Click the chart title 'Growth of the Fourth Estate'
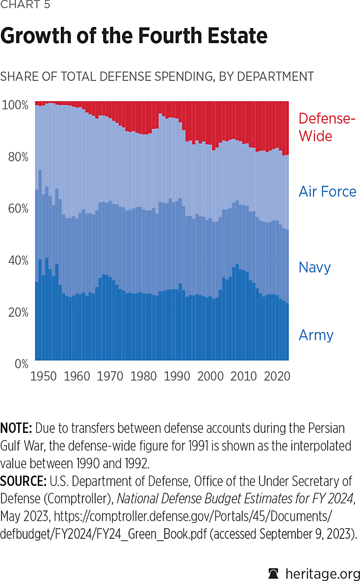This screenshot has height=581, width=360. [x=134, y=36]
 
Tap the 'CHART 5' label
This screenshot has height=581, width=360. [x=26, y=5]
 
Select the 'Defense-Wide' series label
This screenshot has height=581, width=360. [x=327, y=127]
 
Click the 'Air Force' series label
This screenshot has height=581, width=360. [x=327, y=192]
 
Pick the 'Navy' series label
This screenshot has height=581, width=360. [x=314, y=267]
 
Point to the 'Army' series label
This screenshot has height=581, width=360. [x=316, y=335]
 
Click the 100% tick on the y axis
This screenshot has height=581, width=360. [x=15, y=105]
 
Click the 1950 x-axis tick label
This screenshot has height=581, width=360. [x=44, y=377]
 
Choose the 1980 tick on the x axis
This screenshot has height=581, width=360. [x=144, y=377]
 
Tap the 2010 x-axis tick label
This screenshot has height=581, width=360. [x=244, y=377]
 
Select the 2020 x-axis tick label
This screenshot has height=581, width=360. [x=277, y=377]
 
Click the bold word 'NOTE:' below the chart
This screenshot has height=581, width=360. [x=16, y=428]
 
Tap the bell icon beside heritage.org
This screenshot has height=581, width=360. [x=274, y=573]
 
